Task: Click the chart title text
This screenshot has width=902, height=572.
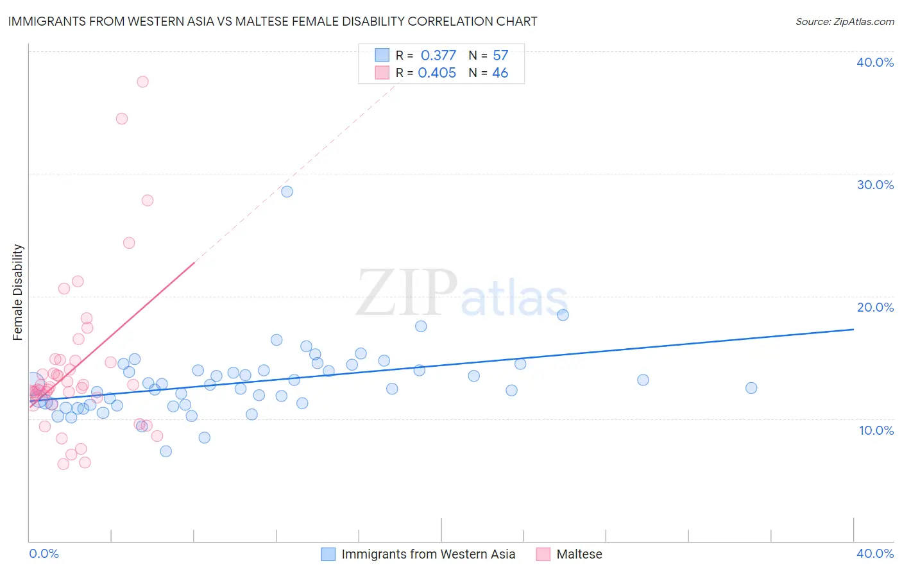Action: (x=273, y=21)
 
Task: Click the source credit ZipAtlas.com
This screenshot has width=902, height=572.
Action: (x=844, y=21)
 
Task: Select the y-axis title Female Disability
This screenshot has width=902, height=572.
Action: (x=18, y=292)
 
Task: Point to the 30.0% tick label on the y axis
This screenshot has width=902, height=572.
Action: (x=875, y=185)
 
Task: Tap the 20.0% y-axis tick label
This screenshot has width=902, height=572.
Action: (x=875, y=307)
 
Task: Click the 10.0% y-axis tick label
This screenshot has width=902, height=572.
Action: (x=876, y=430)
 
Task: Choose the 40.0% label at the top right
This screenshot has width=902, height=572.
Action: (x=875, y=62)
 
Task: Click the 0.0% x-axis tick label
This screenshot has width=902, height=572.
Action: (x=44, y=553)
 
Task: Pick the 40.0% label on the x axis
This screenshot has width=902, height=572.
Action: (x=875, y=553)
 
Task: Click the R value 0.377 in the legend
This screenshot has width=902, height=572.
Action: (x=438, y=55)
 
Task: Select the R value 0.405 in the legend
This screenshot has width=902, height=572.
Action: (x=437, y=72)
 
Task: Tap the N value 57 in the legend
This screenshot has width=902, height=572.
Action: (x=500, y=55)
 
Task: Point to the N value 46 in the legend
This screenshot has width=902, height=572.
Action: (x=500, y=72)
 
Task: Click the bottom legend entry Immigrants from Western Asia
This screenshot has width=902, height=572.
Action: (x=428, y=554)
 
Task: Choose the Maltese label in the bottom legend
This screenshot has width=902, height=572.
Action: (x=579, y=554)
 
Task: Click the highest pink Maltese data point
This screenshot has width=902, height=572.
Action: (x=142, y=81)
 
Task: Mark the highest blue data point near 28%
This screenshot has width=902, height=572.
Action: (x=287, y=192)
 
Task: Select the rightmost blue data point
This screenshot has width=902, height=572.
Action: (x=751, y=388)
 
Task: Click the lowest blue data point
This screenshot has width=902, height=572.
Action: (x=166, y=451)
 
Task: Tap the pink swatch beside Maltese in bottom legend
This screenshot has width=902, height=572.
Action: (x=543, y=554)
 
